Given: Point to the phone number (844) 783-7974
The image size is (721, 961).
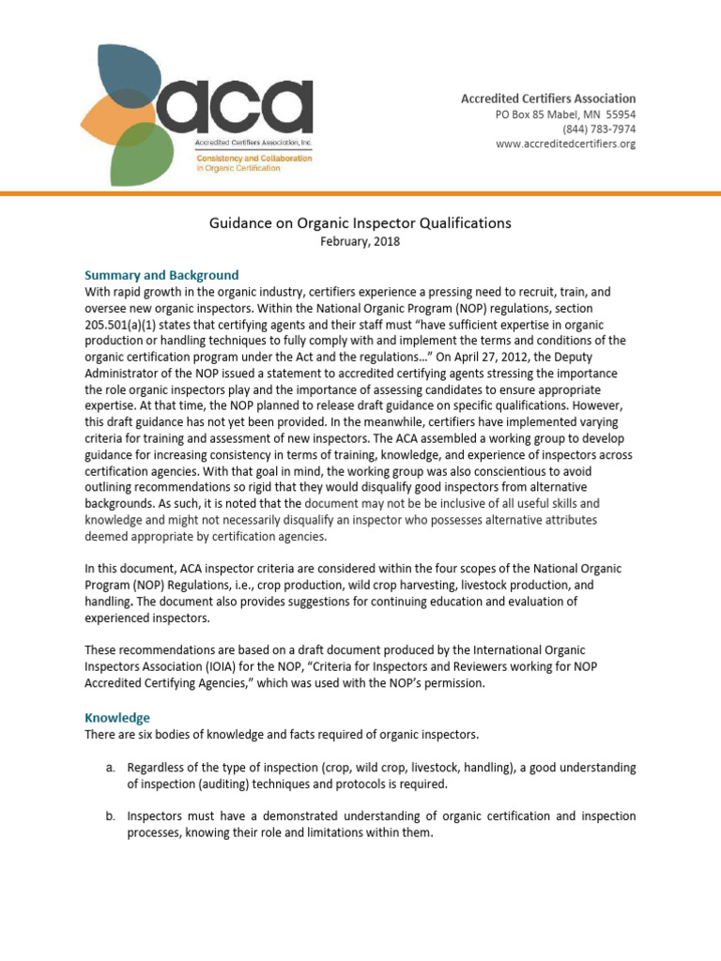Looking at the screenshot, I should pos(598,129).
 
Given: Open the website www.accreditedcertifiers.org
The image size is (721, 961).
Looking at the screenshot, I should pos(565,144).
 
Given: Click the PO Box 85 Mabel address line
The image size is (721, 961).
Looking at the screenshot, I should pos(565,114).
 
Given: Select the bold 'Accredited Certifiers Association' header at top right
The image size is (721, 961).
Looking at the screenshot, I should pos(547,99).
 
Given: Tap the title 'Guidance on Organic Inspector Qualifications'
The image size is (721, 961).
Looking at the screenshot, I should pos(360,223).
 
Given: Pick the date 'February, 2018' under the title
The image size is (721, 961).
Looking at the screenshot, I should pos(360,241).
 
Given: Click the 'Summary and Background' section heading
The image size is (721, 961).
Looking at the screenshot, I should pos(161,275).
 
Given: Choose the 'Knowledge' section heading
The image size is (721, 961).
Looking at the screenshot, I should pos(117,717).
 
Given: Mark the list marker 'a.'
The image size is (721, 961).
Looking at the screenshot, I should pos(109,768).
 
